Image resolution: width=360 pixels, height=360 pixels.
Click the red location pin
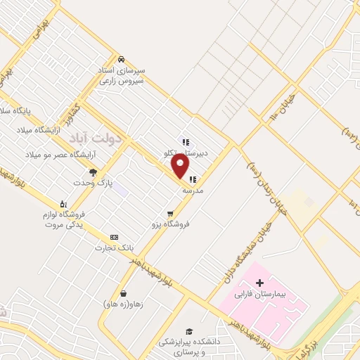coord(181,167)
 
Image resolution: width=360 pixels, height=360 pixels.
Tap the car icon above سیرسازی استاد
coord(122,59)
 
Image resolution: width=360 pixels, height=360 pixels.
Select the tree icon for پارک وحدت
coord(92,172)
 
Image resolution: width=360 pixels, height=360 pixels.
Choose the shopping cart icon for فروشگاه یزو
coord(170,213)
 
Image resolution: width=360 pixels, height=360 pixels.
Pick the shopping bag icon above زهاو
coord(124,294)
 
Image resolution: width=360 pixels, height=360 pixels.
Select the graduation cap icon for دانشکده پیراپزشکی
coord(188,330)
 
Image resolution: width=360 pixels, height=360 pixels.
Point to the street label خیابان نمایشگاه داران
coord(247,256)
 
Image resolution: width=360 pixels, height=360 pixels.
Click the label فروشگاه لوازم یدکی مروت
coord(64,220)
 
